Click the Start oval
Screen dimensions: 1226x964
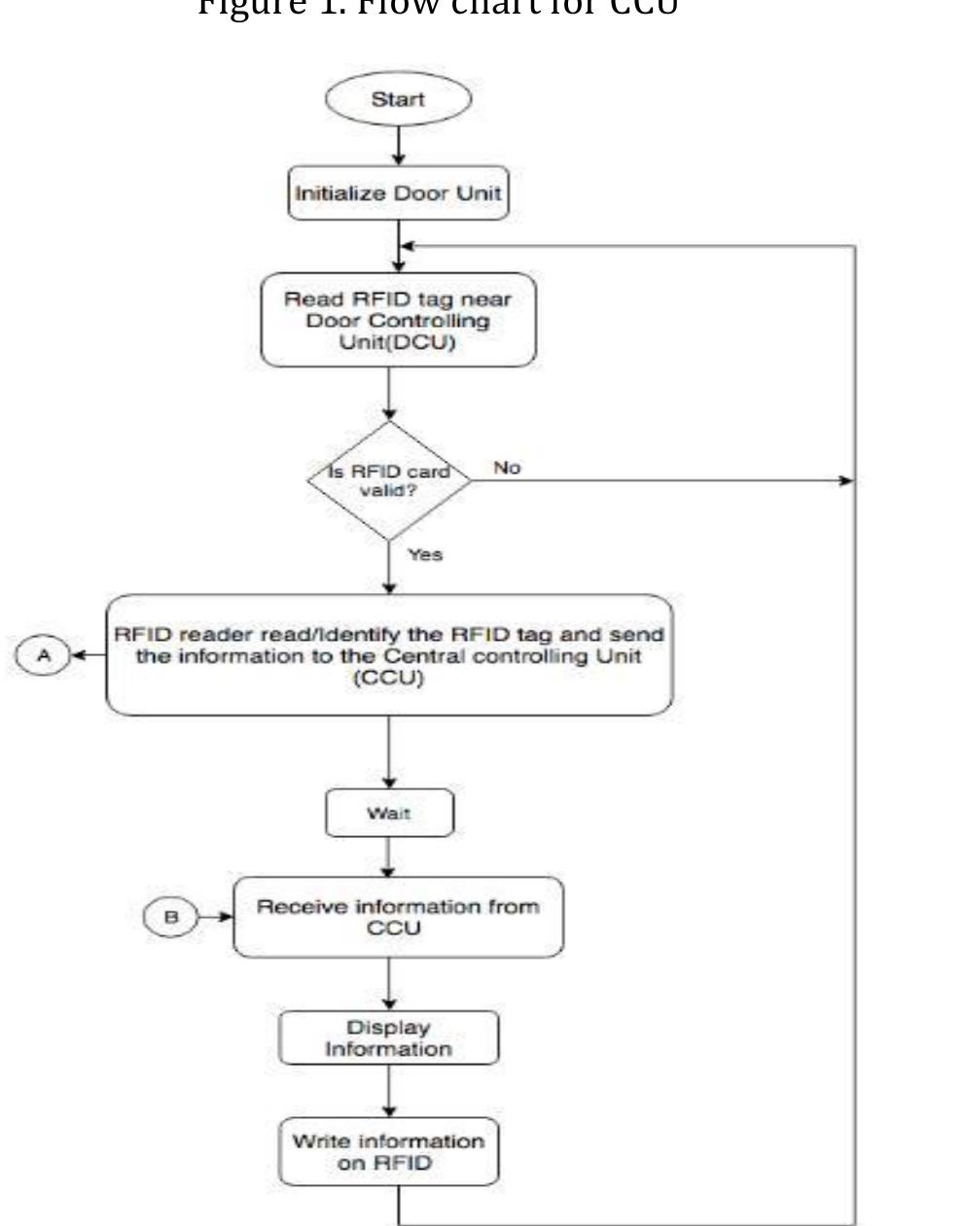pyautogui.click(x=398, y=100)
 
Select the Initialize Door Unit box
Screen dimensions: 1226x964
pyautogui.click(x=398, y=193)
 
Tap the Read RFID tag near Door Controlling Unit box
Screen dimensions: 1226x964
pyautogui.click(x=398, y=320)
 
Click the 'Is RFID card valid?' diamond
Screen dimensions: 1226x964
pyautogui.click(x=389, y=479)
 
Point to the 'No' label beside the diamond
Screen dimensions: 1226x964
pyautogui.click(x=507, y=469)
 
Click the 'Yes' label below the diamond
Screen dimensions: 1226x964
pyautogui.click(x=425, y=554)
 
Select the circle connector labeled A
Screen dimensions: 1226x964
pyautogui.click(x=43, y=655)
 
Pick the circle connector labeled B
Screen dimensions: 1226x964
pyautogui.click(x=170, y=917)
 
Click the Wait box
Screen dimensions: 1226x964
pyautogui.click(x=389, y=813)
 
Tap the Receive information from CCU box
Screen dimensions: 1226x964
pyautogui.click(x=398, y=917)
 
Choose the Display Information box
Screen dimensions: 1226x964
pyautogui.click(x=389, y=1038)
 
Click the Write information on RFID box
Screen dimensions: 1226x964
pyautogui.click(x=389, y=1152)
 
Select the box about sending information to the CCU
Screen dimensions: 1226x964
pyautogui.click(x=389, y=655)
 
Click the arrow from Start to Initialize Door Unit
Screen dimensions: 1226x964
pyautogui.click(x=399, y=147)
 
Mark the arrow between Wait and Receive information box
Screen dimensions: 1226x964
pyautogui.click(x=389, y=858)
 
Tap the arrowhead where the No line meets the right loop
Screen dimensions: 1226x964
pyautogui.click(x=846, y=481)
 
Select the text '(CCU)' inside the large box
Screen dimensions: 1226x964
pyautogui.click(x=389, y=679)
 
